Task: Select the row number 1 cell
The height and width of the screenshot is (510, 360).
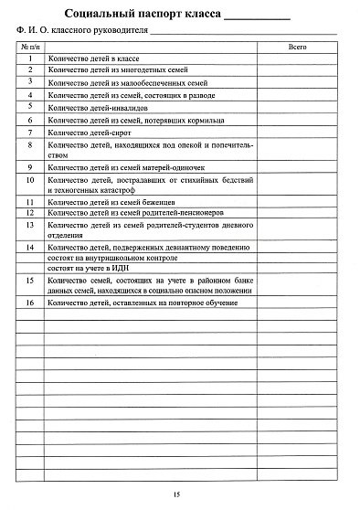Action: (31, 58)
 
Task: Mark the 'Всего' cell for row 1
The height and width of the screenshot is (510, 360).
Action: (297, 58)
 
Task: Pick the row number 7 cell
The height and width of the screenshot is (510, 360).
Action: (31, 132)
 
